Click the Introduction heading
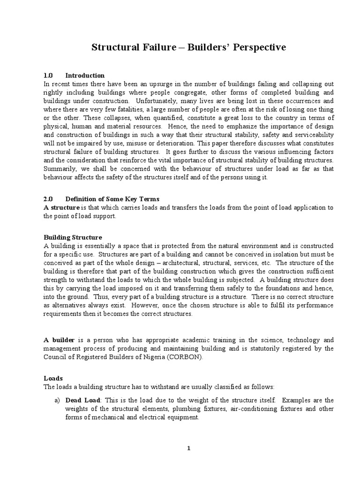[85, 75]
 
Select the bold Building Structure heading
[73, 238]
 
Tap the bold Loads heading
[53, 377]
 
